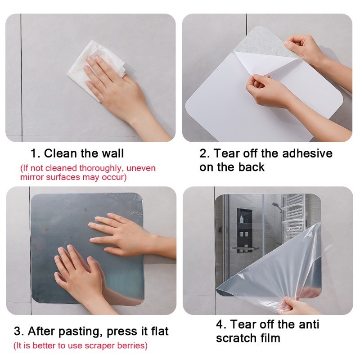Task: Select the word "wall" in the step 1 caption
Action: [x=113, y=153]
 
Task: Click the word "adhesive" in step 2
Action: [x=307, y=153]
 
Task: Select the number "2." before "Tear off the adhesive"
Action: [x=205, y=153]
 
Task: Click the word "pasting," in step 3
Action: [x=81, y=332]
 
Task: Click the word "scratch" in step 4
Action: [x=237, y=338]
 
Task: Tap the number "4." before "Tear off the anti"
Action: [x=221, y=324]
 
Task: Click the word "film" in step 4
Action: [x=270, y=338]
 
